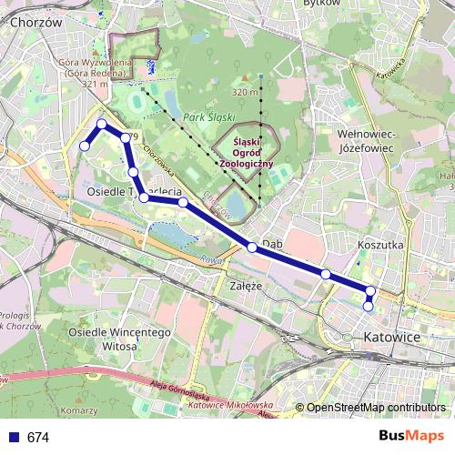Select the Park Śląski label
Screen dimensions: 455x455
tap(209, 118)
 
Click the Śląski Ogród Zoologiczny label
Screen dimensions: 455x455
tap(241, 153)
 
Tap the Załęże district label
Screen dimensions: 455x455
tap(247, 285)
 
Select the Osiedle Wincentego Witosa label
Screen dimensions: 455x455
tap(120, 339)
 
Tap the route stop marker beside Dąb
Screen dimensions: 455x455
tap(252, 247)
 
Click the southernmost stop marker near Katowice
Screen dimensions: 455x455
tap(368, 307)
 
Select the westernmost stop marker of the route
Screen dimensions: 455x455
tap(85, 146)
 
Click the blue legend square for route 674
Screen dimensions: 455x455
tap(13, 438)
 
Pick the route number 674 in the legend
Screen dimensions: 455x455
tap(38, 438)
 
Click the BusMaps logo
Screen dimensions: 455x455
tap(412, 437)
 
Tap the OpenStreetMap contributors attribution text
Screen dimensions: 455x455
tap(376, 408)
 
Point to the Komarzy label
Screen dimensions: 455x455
tap(79, 411)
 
